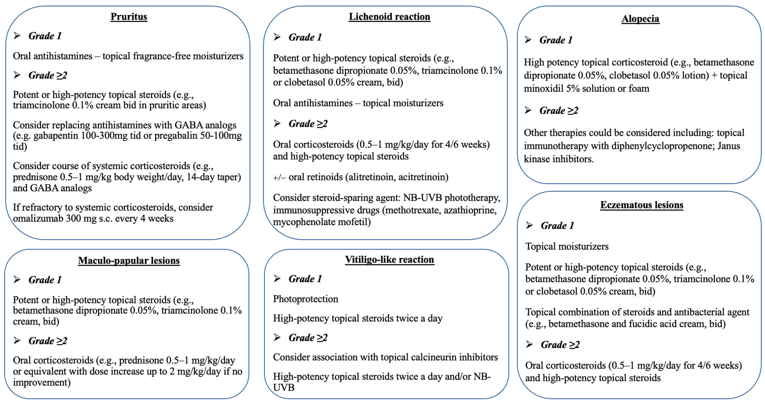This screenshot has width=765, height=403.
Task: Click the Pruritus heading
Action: (x=129, y=17)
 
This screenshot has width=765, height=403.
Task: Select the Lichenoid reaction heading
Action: (x=389, y=17)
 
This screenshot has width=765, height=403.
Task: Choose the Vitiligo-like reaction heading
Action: (x=389, y=260)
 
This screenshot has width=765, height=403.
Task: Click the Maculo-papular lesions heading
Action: (x=129, y=260)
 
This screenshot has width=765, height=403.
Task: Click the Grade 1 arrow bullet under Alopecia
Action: (x=528, y=40)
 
